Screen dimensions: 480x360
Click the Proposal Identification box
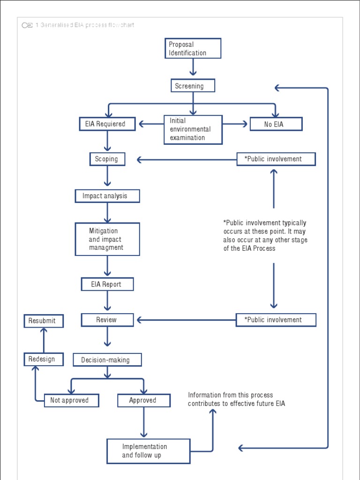[193, 48]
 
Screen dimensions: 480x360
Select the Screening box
[193, 86]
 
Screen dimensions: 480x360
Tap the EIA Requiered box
[108, 124]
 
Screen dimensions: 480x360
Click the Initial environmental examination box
[193, 129]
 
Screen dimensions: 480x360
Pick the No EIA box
[276, 124]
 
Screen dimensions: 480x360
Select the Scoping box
[107, 159]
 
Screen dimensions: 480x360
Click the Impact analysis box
[107, 196]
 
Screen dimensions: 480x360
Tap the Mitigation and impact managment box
[107, 239]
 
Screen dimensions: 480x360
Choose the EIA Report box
[107, 284]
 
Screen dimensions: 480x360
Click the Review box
[107, 320]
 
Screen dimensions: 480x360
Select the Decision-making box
[107, 360]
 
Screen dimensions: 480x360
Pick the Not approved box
[71, 400]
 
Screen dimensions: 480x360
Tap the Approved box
[143, 400]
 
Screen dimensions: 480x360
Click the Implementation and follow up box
[148, 451]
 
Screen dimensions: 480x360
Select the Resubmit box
[44, 321]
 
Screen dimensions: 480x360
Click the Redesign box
[44, 360]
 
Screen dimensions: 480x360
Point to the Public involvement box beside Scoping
[276, 159]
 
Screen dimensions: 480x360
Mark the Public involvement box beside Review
[276, 320]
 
